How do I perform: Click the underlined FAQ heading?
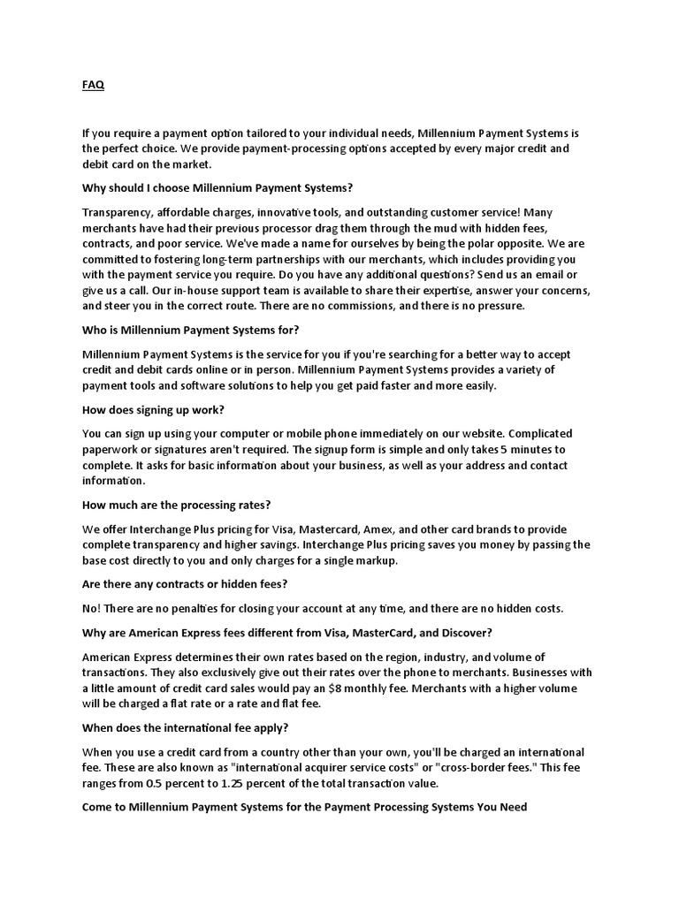(93, 85)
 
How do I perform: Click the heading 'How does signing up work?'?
(153, 409)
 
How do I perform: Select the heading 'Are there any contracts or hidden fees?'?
(185, 584)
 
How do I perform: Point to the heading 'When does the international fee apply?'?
(186, 727)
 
